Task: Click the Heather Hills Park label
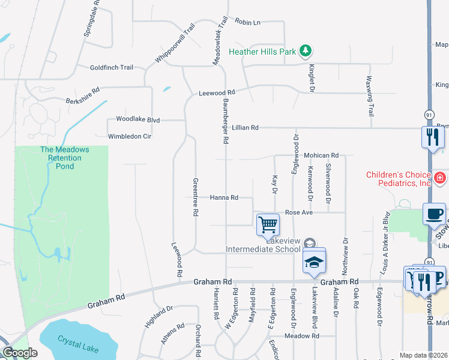(262, 52)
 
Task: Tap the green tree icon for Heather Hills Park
(306, 51)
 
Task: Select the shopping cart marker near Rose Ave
(268, 225)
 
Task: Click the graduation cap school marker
(313, 262)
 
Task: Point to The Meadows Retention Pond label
(65, 157)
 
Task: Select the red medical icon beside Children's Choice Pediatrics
(441, 178)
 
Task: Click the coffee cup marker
(434, 214)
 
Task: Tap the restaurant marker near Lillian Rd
(432, 136)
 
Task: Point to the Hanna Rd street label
(224, 197)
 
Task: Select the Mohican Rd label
(321, 155)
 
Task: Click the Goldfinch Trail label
(111, 68)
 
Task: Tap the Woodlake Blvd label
(137, 120)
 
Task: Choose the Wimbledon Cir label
(130, 136)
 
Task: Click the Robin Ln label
(247, 22)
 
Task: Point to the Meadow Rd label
(301, 336)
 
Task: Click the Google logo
(19, 353)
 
